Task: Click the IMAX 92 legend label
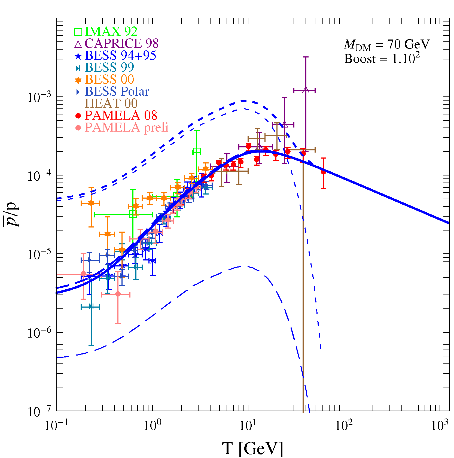(111, 32)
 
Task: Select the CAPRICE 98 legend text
(121, 44)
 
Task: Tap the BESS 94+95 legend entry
(120, 56)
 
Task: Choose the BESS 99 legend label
(109, 68)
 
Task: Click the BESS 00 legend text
(109, 80)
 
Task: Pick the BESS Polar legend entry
(117, 92)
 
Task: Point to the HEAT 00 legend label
(111, 104)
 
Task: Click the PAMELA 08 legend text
(121, 116)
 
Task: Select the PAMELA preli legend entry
(127, 128)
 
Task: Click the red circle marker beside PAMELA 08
(78, 116)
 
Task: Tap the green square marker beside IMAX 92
(78, 32)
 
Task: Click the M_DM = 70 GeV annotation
(386, 45)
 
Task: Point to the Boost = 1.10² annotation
(382, 59)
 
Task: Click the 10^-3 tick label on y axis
(39, 97)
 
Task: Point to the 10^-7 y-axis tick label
(39, 411)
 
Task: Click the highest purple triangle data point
(306, 90)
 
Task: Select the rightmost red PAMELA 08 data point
(323, 172)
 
